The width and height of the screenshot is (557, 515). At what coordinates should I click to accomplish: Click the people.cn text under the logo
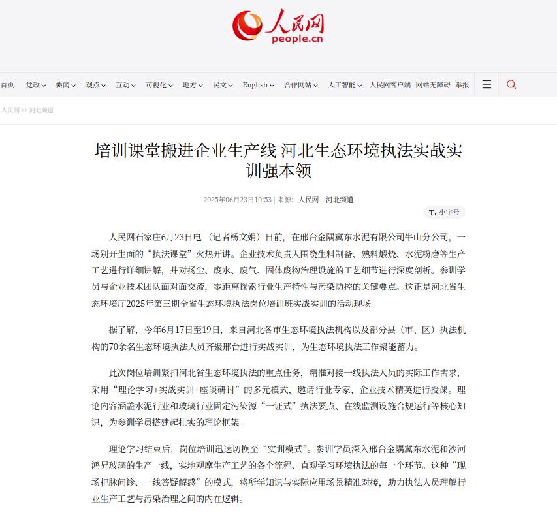297,39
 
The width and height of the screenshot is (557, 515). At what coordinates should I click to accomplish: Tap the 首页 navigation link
7,85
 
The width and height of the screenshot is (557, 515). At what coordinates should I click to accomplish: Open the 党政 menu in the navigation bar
35,85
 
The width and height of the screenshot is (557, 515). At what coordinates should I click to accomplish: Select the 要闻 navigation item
65,85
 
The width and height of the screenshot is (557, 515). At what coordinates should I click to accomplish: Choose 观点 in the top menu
95,85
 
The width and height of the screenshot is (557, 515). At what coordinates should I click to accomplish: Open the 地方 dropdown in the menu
193,85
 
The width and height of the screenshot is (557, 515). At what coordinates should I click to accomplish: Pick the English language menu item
258,85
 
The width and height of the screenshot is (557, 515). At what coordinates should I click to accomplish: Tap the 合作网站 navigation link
301,85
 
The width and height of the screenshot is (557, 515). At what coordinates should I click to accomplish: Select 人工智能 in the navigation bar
345,85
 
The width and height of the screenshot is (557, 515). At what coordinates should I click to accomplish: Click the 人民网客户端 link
390,85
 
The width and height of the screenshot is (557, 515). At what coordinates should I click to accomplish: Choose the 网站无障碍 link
433,85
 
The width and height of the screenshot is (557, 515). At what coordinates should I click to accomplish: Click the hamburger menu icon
486,84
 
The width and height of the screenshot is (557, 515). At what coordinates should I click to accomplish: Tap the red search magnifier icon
511,84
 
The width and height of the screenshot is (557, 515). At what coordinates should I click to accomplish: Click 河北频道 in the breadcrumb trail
41,110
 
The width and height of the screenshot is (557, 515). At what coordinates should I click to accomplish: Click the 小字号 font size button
444,212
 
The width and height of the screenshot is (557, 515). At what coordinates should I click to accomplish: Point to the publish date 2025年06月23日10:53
237,200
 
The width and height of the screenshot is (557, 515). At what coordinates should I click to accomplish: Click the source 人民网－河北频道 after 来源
326,200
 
